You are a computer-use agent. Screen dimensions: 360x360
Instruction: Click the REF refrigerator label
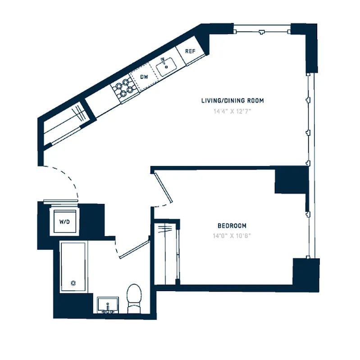pyautogui.click(x=191, y=51)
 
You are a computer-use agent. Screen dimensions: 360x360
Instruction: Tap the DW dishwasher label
pyautogui.click(x=144, y=77)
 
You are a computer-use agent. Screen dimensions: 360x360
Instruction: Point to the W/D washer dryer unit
pyautogui.click(x=64, y=222)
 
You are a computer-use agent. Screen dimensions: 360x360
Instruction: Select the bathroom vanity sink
pyautogui.click(x=108, y=305)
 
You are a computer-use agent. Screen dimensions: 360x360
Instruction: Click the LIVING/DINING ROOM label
pyautogui.click(x=232, y=101)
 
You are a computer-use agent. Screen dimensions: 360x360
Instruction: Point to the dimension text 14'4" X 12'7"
pyautogui.click(x=232, y=112)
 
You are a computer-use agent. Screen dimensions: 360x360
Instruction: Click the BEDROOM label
pyautogui.click(x=232, y=226)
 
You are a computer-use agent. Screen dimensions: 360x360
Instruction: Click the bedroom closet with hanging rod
pyautogui.click(x=168, y=254)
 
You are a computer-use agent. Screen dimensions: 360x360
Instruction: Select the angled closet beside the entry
pyautogui.click(x=65, y=124)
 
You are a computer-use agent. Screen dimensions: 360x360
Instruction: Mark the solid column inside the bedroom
pyautogui.click(x=291, y=180)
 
